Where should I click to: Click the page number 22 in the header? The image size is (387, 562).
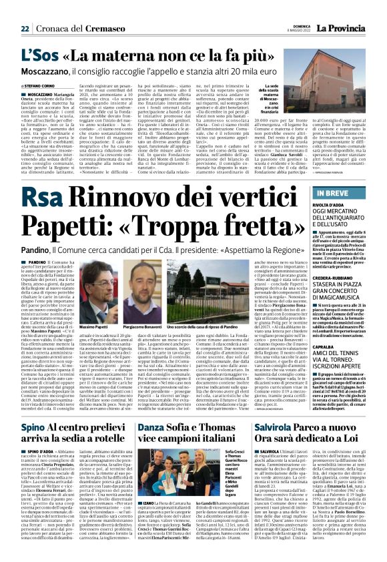point(25,29)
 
